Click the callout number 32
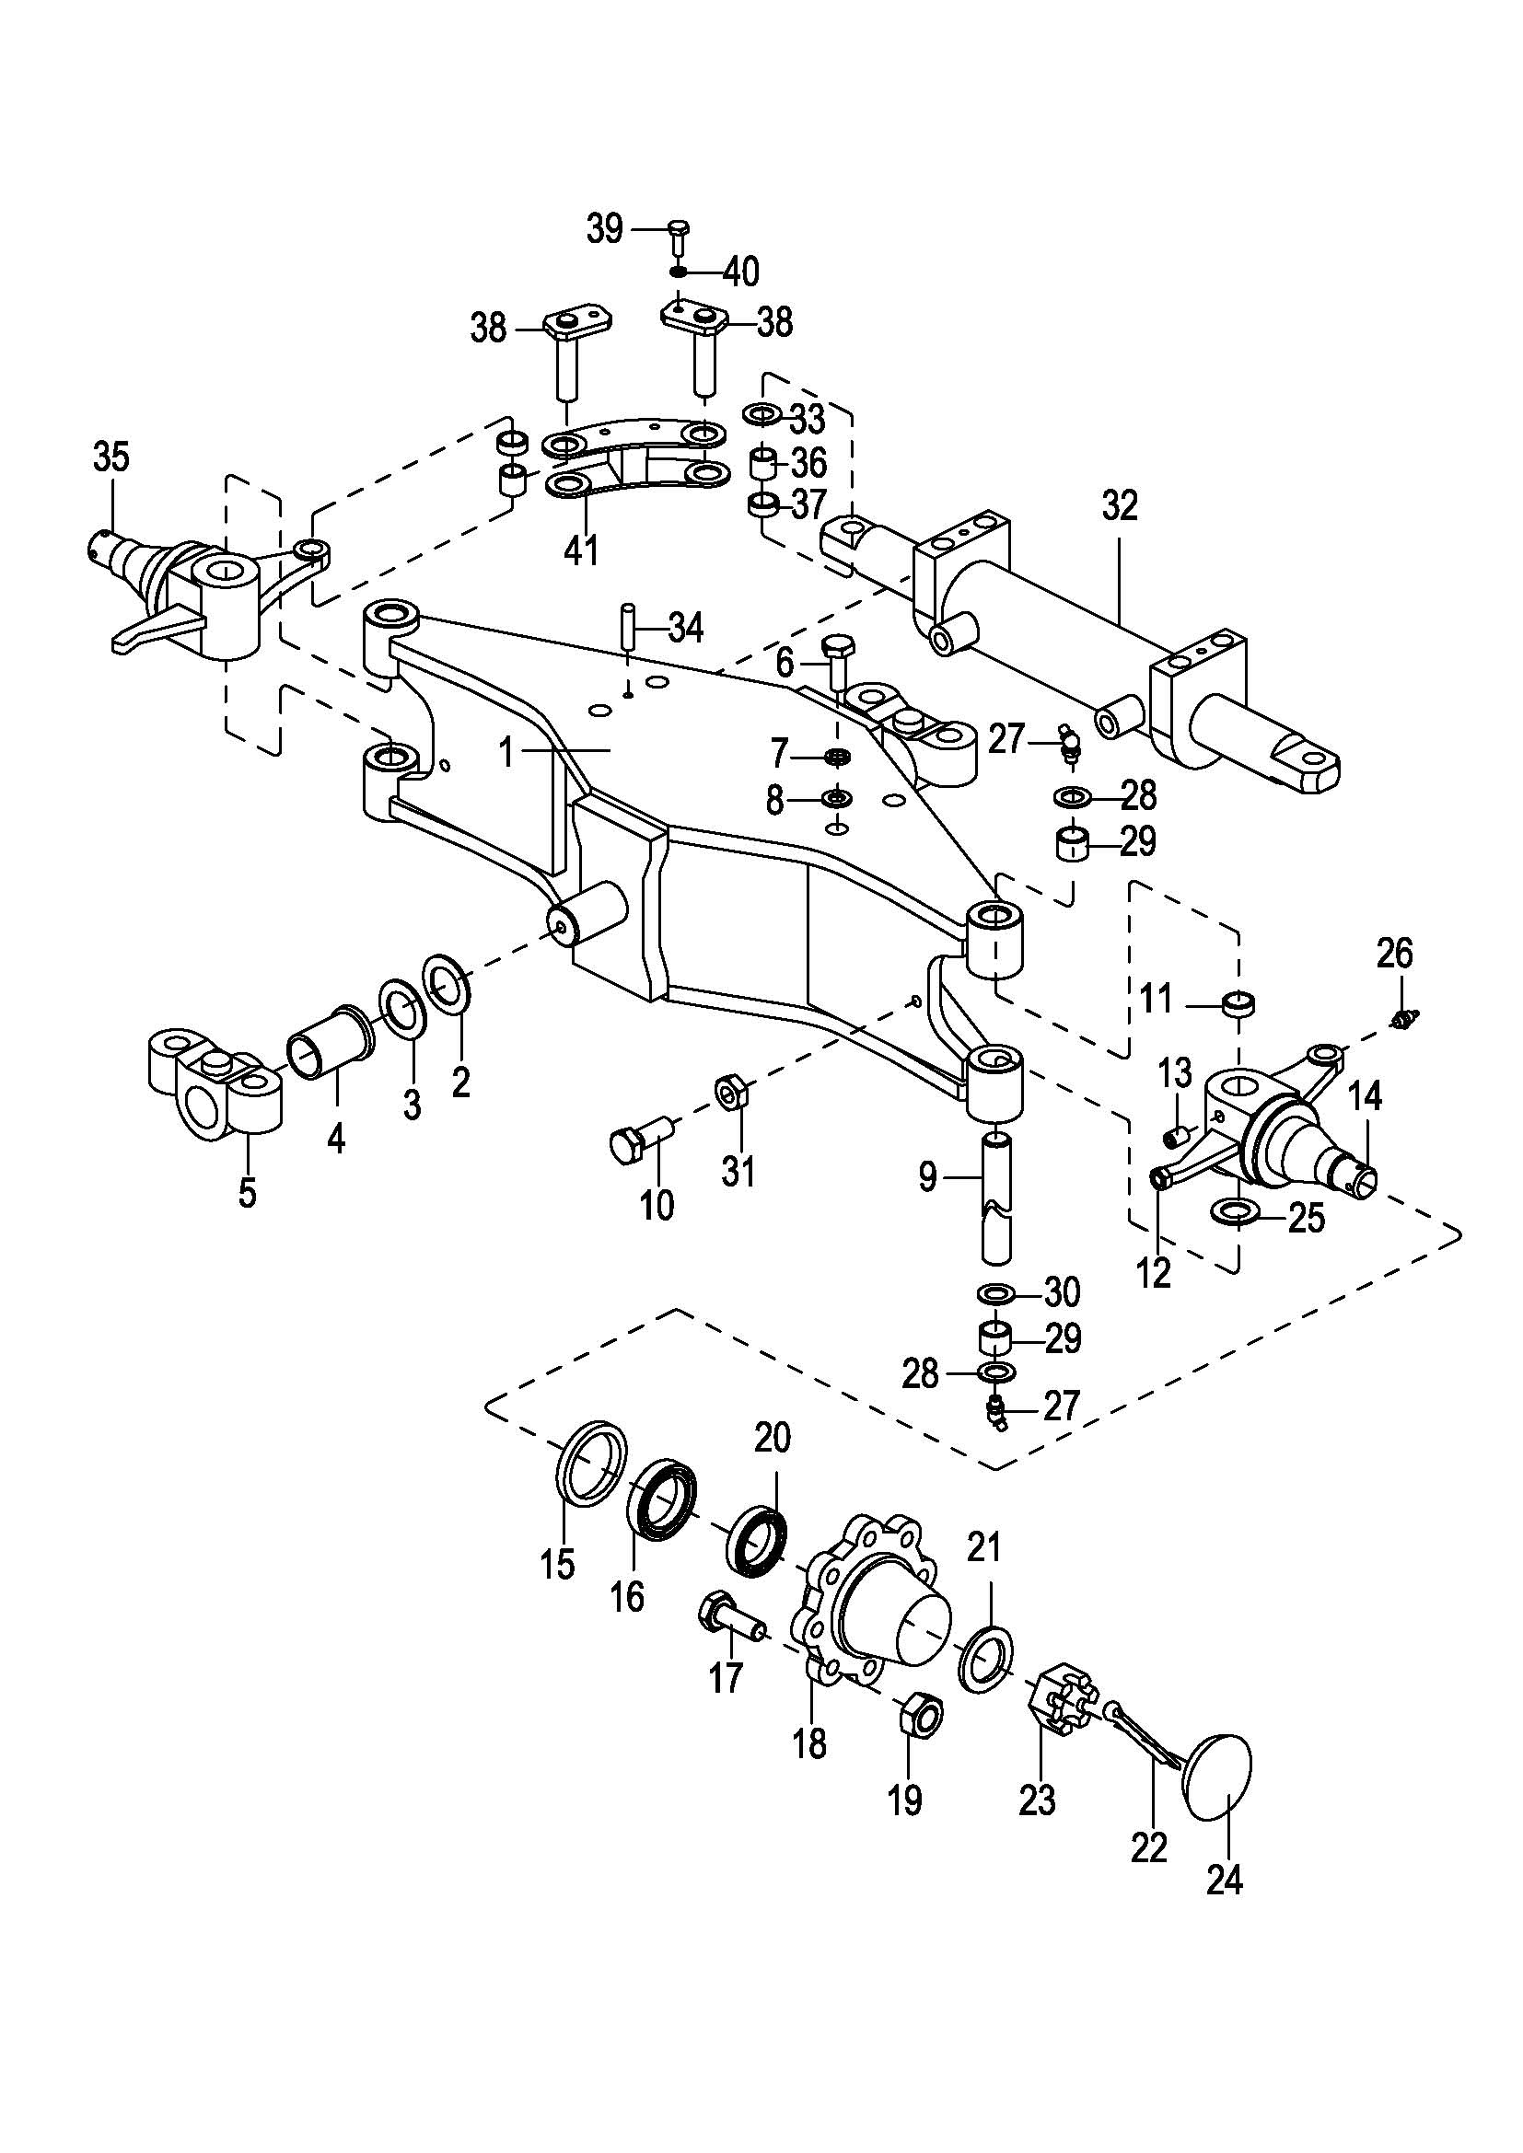pyautogui.click(x=1120, y=506)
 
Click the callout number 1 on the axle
pyautogui.click(x=507, y=752)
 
